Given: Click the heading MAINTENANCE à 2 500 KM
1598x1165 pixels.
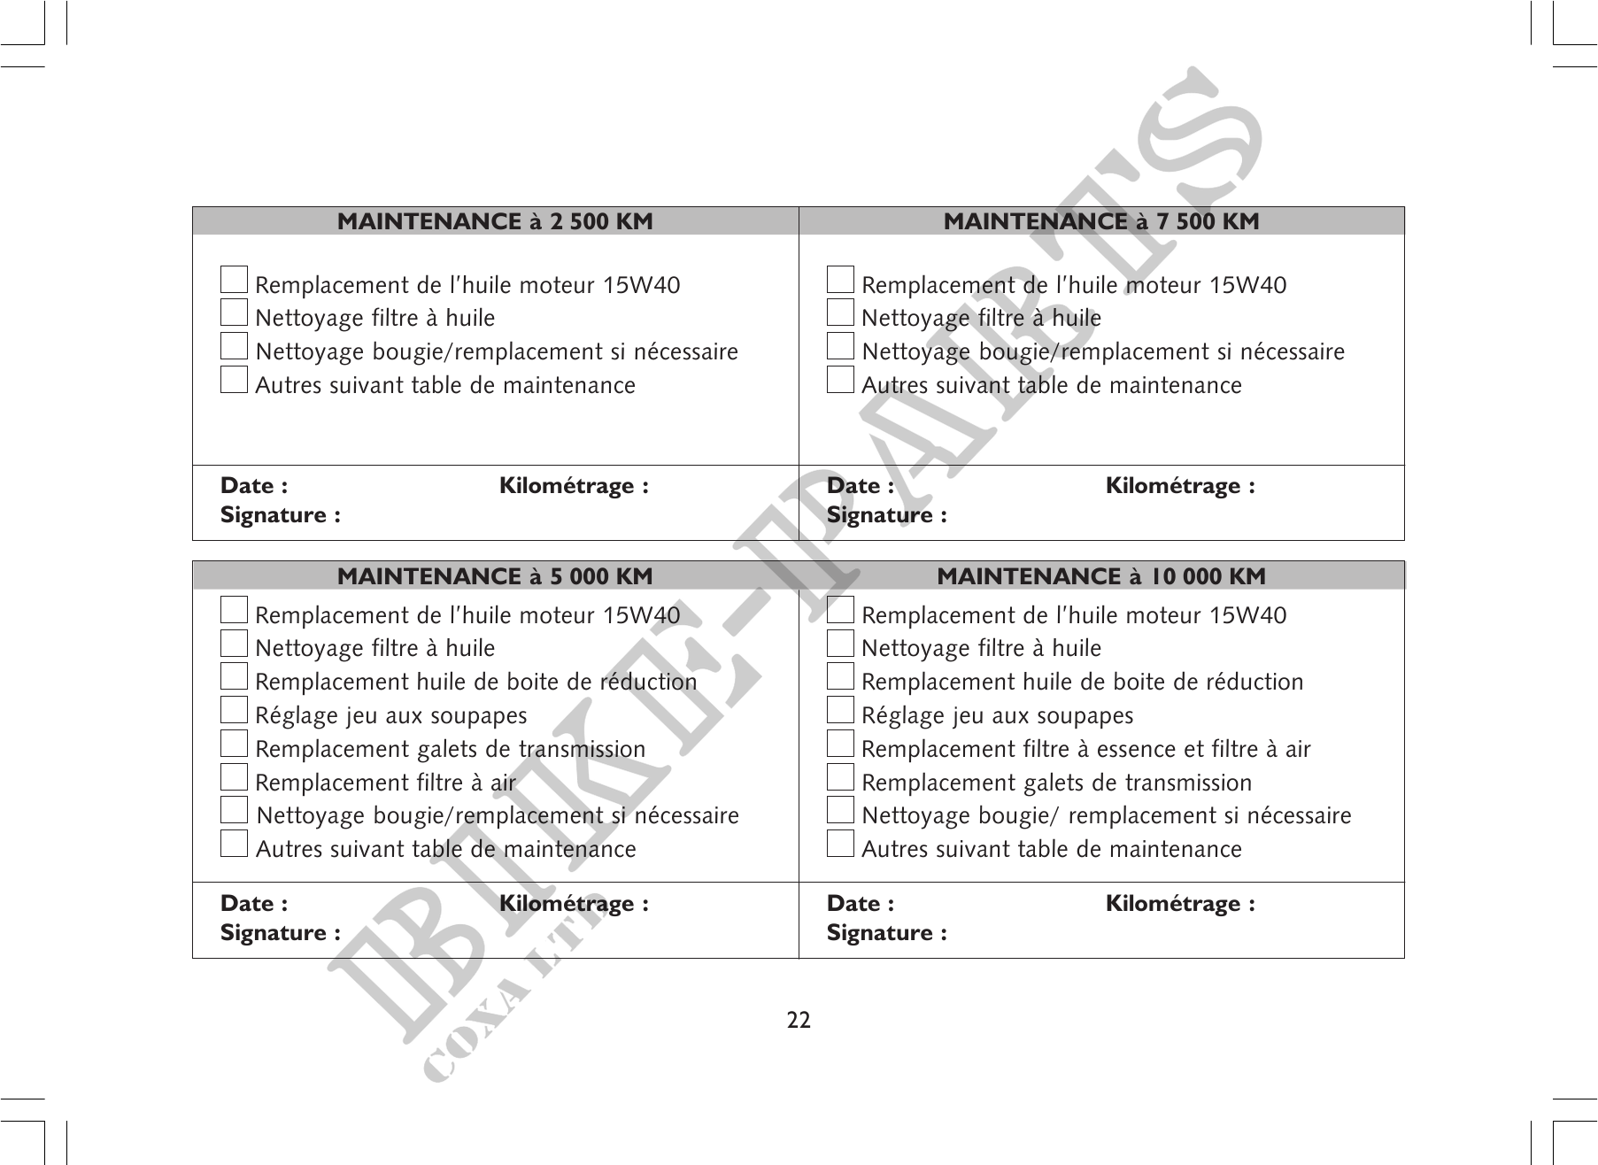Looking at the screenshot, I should pyautogui.click(x=495, y=221).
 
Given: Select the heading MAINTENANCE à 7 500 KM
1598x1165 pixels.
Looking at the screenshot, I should pyautogui.click(x=1100, y=221).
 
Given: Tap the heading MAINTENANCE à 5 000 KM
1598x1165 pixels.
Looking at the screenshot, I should pyautogui.click(x=495, y=576).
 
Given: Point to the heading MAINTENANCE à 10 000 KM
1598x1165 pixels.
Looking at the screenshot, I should pyautogui.click(x=1100, y=576).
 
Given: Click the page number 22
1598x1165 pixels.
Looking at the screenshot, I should pyautogui.click(x=799, y=1021).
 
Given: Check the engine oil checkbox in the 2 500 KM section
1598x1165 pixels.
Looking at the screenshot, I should pyautogui.click(x=234, y=280).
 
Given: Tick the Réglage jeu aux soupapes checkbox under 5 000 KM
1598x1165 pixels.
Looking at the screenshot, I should pyautogui.click(x=234, y=710).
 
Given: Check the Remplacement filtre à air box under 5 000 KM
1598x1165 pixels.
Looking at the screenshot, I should pyautogui.click(x=234, y=777).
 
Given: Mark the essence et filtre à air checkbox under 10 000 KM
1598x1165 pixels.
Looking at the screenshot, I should pyautogui.click(x=840, y=744).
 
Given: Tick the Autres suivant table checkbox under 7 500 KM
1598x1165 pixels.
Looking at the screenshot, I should pyautogui.click(x=840, y=380).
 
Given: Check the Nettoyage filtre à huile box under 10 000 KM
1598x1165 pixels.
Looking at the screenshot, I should pyautogui.click(x=840, y=643).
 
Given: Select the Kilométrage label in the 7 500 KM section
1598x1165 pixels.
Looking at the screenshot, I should pyautogui.click(x=1179, y=486).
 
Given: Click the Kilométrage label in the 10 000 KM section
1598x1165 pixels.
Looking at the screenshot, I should pyautogui.click(x=1179, y=904).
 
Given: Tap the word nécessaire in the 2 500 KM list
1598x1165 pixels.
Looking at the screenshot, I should pyautogui.click(x=684, y=352).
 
